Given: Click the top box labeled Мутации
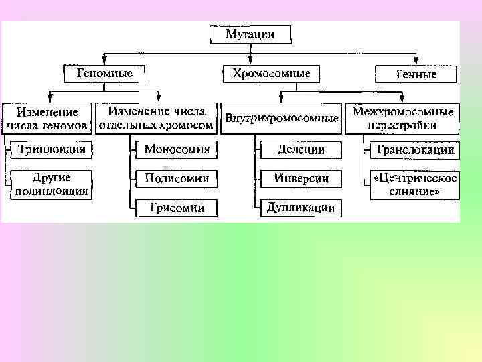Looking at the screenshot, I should pyautogui.click(x=250, y=34).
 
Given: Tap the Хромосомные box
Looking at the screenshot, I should pyautogui.click(x=270, y=73).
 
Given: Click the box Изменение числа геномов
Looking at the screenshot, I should pyautogui.click(x=47, y=117).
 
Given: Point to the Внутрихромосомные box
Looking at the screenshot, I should pyautogui.click(x=281, y=119).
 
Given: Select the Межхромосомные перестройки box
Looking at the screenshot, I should pyautogui.click(x=402, y=117).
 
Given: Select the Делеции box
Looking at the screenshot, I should pyautogui.click(x=301, y=149).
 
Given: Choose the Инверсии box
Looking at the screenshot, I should pyautogui.click(x=301, y=179).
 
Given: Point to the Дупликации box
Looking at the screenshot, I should pyautogui.click(x=301, y=208).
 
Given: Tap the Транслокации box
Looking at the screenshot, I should pyautogui.click(x=415, y=149).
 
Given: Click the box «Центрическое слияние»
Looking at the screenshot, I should pyautogui.click(x=415, y=184).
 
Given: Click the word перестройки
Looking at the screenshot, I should pyautogui.click(x=402, y=125).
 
